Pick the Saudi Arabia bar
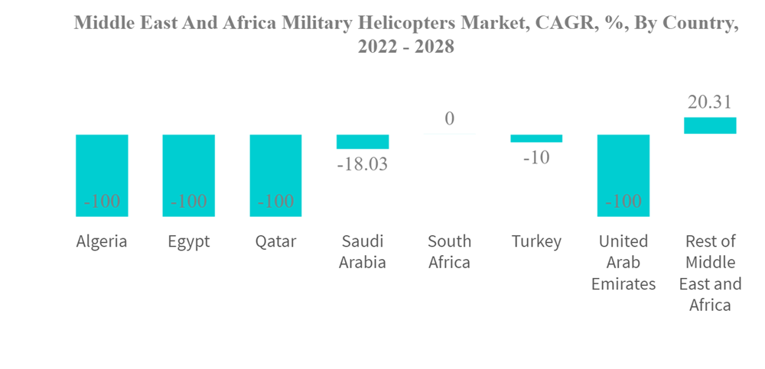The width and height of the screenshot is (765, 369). pos(363,142)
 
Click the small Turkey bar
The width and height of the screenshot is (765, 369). pos(536,138)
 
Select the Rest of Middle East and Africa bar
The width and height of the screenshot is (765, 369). pos(710,125)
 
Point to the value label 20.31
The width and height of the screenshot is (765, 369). pos(710,102)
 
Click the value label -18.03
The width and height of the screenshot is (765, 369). pos(363,163)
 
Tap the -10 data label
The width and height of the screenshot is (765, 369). pos(536,157)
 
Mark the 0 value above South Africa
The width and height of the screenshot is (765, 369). pos(449,118)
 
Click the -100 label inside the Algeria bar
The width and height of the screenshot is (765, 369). pos(102,202)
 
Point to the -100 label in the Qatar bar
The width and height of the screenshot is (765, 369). pos(275,202)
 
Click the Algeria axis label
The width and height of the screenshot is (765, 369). pos(102,241)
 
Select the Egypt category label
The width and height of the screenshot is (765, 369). pos(189,241)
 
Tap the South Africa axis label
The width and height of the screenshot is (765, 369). pos(449,252)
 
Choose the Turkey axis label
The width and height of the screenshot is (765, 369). pos(536,241)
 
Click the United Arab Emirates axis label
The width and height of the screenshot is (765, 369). pos(623,263)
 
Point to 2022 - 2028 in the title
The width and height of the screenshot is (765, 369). pos(406,47)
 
